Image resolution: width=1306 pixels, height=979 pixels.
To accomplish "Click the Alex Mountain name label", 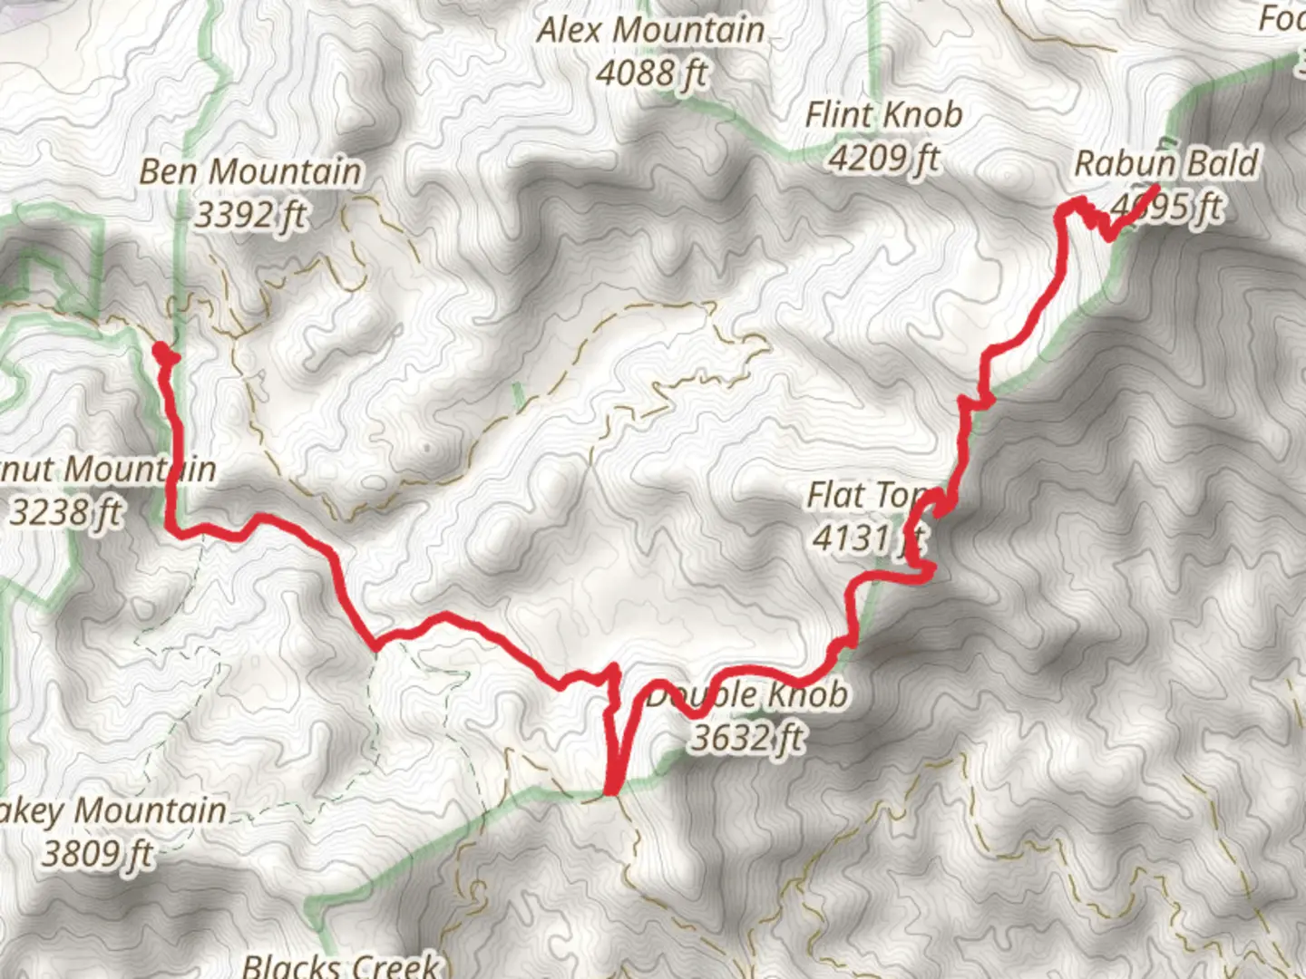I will pos(650,30).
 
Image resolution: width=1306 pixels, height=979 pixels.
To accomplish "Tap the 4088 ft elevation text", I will pos(650,73).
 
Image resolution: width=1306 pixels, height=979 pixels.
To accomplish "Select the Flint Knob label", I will pos(883,115).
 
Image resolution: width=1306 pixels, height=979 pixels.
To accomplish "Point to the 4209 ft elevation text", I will pos(883,159).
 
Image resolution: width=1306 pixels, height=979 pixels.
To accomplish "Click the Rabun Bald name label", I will pos(1166,164).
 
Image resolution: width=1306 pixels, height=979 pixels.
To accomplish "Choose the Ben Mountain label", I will pos(250,171).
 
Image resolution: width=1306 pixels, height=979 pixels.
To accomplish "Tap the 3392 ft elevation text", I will pos(250,215).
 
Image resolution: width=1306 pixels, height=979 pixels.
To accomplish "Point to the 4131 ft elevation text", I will pos(866,538).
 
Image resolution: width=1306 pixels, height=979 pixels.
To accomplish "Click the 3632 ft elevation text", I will pos(746,738).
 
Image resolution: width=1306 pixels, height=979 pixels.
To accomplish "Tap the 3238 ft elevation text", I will pos(65,512).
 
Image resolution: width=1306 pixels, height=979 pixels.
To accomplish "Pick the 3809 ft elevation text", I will pos(97,853).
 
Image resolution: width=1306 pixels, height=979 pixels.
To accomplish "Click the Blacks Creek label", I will pos(341,964).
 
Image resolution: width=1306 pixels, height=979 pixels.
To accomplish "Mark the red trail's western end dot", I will pos(161,350).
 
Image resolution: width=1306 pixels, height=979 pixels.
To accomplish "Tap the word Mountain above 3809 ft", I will pos(150,810).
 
